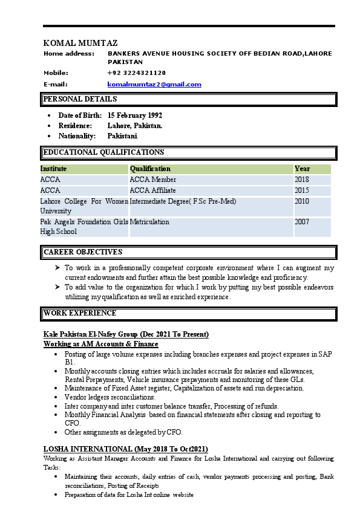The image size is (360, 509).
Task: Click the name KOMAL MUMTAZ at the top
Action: coord(80,43)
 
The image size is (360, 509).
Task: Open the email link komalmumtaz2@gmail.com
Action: coord(154,84)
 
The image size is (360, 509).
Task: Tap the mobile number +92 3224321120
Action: coord(136,73)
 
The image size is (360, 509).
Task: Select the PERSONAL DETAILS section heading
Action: coord(80,99)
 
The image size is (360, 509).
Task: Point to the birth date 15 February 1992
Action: coord(135,115)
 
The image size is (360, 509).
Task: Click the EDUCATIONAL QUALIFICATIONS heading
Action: coord(103,152)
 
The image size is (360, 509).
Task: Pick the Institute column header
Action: coord(54,169)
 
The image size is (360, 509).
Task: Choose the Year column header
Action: coord(302,169)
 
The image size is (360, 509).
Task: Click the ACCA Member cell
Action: coord(153,180)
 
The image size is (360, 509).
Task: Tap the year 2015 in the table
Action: coord(302,190)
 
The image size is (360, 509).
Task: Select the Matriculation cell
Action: coord(149,222)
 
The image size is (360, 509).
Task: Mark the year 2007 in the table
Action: coord(302,222)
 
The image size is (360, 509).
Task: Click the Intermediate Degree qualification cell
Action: coord(183,201)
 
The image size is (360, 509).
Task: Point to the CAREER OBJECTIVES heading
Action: coord(83,251)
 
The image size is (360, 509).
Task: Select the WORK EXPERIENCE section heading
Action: coord(80,313)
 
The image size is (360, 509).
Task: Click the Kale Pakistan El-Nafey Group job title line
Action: coord(126,334)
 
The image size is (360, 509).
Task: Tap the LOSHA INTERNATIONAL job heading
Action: coord(126,449)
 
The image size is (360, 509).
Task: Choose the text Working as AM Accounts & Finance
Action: coord(101,344)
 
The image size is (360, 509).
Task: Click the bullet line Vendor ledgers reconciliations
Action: coord(110,397)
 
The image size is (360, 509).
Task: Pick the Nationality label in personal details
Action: coord(77,136)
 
